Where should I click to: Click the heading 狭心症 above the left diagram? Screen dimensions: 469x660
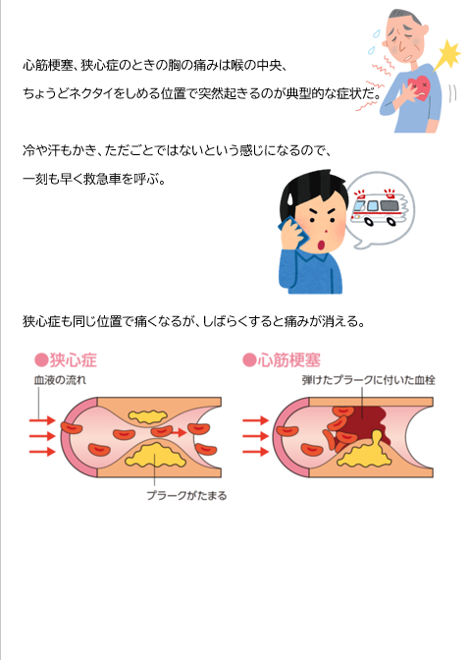[x=74, y=360]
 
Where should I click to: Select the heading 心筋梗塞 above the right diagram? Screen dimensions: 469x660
[x=289, y=360]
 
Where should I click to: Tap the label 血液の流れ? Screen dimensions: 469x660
[x=60, y=380]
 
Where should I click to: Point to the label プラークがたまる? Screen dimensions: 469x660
[x=186, y=495]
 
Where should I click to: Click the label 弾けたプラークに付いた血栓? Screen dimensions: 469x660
[x=369, y=380]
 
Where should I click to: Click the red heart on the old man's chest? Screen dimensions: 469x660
[x=419, y=87]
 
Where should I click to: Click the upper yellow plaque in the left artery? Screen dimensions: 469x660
[x=147, y=416]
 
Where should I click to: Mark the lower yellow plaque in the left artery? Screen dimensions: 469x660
[x=156, y=455]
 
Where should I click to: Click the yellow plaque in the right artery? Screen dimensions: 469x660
[x=367, y=453]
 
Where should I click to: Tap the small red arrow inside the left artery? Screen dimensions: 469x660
[x=180, y=432]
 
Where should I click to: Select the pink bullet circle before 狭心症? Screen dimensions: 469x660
[x=41, y=360]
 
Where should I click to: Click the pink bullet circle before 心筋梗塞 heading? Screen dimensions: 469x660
[x=249, y=360]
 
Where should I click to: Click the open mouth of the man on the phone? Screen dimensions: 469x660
[x=322, y=245]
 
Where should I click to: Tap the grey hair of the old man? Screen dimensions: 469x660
[x=404, y=16]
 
